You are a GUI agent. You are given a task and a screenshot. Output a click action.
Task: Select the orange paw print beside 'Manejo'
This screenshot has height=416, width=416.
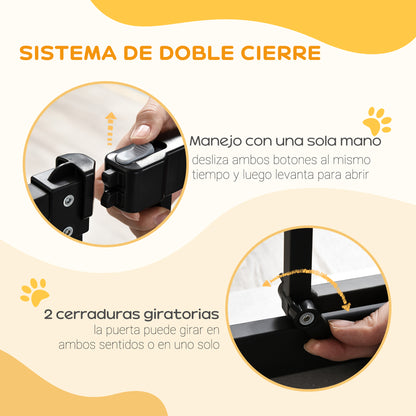click(x=376, y=123)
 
